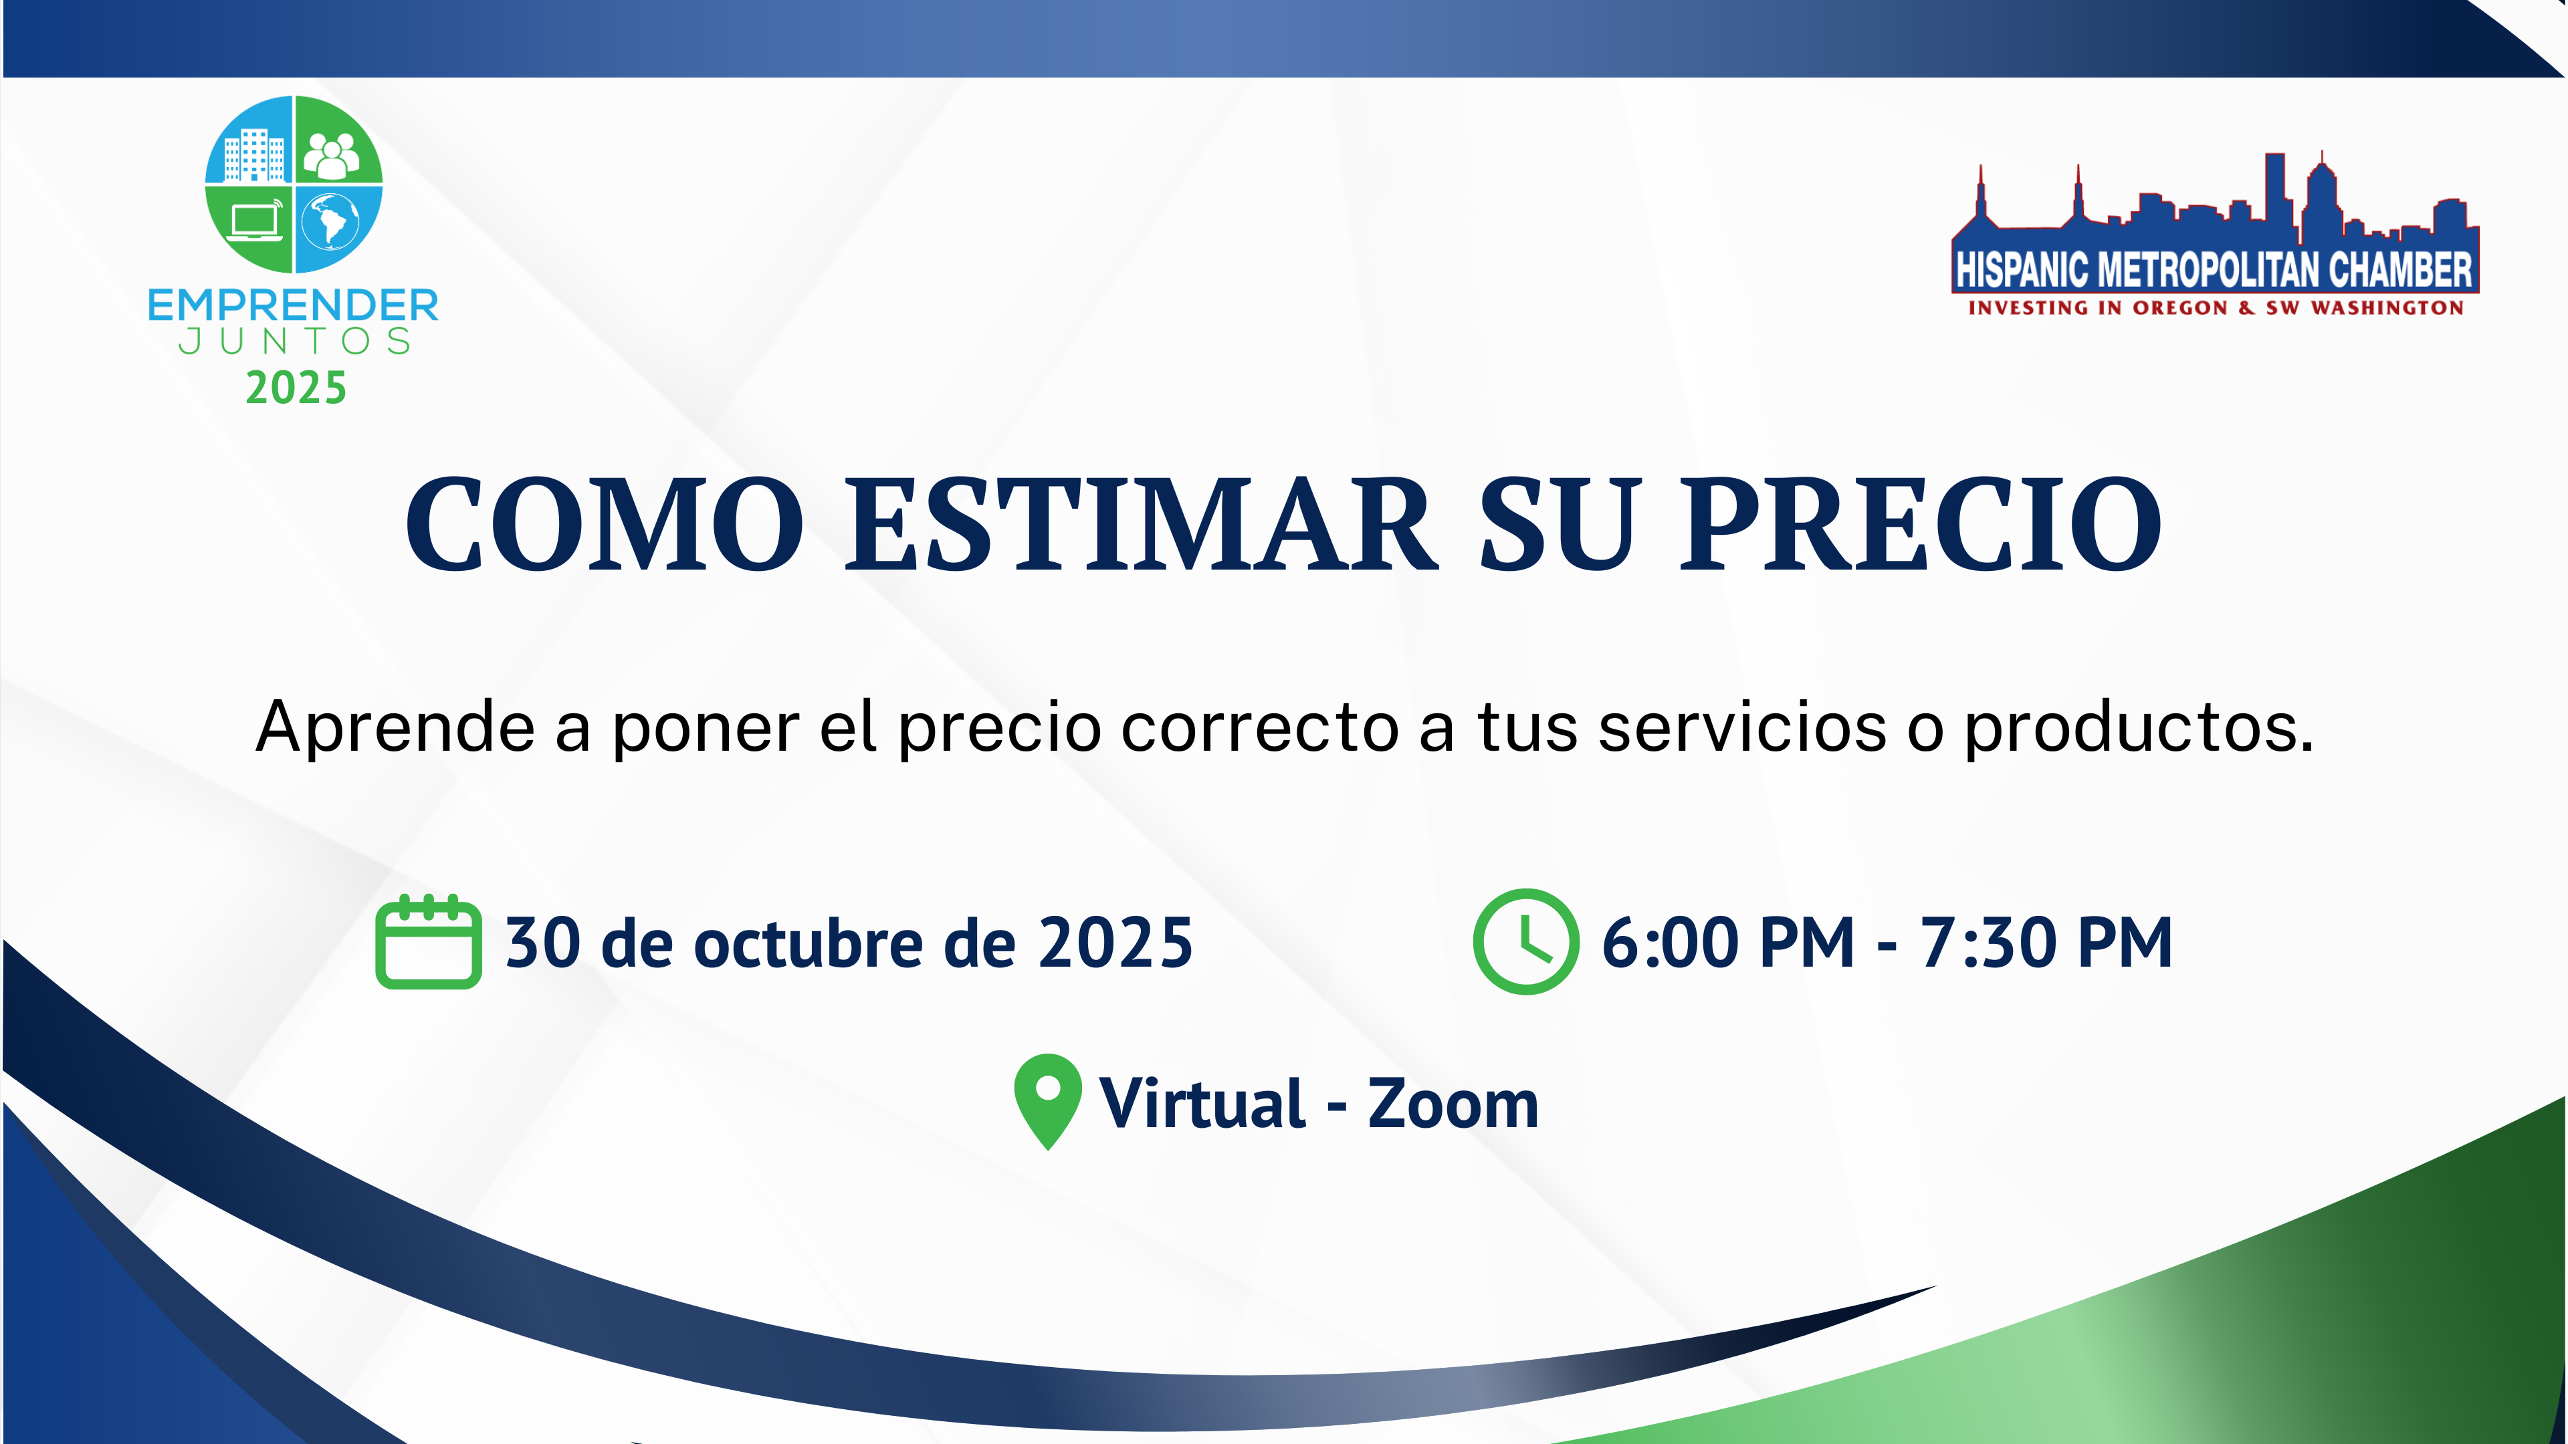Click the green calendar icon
[429, 942]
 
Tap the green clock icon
[1526, 942]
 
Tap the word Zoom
[1453, 1104]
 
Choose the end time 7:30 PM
[2046, 943]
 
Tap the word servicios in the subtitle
[1743, 727]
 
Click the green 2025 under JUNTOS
[296, 388]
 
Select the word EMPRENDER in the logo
[293, 305]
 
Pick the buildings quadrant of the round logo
[250, 142]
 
